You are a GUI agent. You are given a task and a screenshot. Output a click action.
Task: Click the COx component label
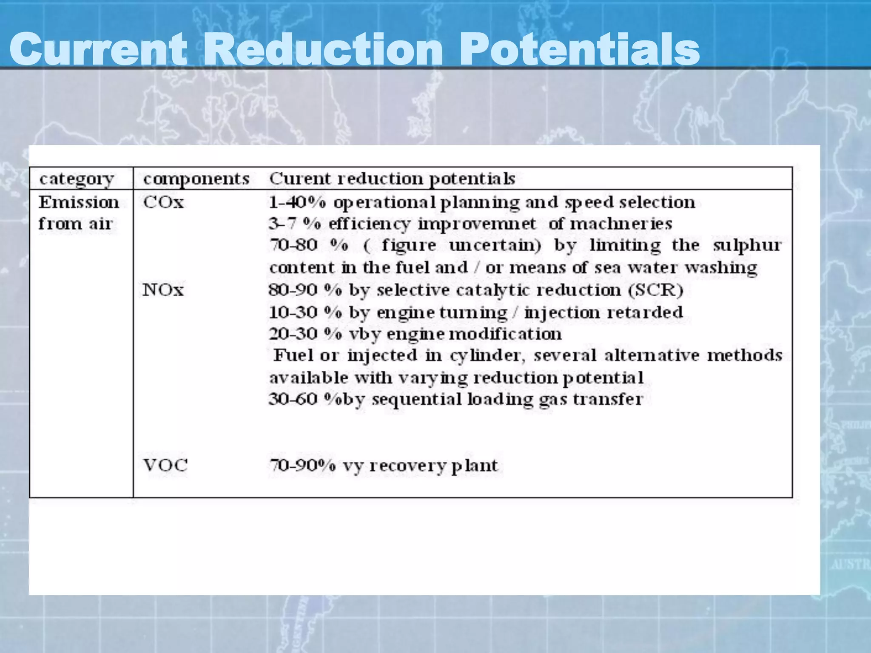164,202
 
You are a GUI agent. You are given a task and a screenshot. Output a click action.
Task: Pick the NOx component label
163,290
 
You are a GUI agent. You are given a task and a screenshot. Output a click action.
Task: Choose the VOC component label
165,466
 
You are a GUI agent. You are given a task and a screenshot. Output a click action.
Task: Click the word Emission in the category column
79,202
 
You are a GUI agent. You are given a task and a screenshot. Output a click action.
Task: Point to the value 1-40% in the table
297,202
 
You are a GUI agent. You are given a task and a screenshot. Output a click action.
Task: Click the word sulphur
747,246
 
